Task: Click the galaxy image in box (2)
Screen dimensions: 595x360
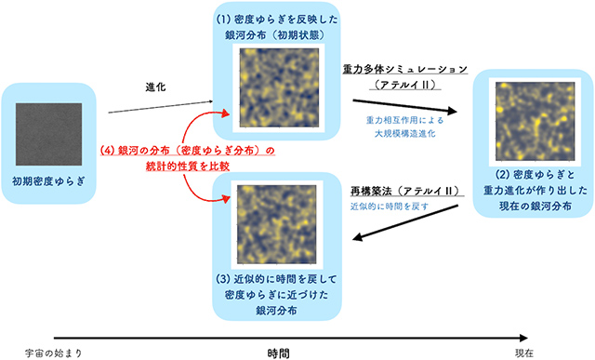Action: [x=529, y=120]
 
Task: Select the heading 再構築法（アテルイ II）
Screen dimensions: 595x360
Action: [x=403, y=191]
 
